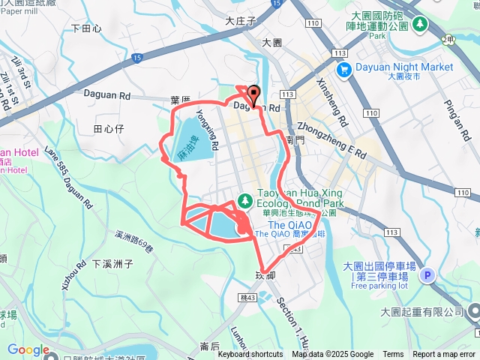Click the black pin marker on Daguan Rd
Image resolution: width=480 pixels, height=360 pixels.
[x=252, y=95]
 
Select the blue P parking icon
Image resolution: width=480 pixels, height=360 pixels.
[x=427, y=276]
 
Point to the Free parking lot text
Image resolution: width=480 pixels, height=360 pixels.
[x=379, y=286]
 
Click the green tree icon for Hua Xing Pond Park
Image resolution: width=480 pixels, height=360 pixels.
[x=244, y=200]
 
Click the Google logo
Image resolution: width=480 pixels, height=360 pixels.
[x=28, y=349]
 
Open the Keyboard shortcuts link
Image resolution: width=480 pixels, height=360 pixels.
[x=251, y=355]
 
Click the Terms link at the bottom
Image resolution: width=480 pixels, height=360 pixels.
[x=393, y=355]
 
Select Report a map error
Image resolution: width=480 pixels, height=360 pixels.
[x=444, y=355]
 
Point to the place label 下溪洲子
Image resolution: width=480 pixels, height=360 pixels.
[x=112, y=264]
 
